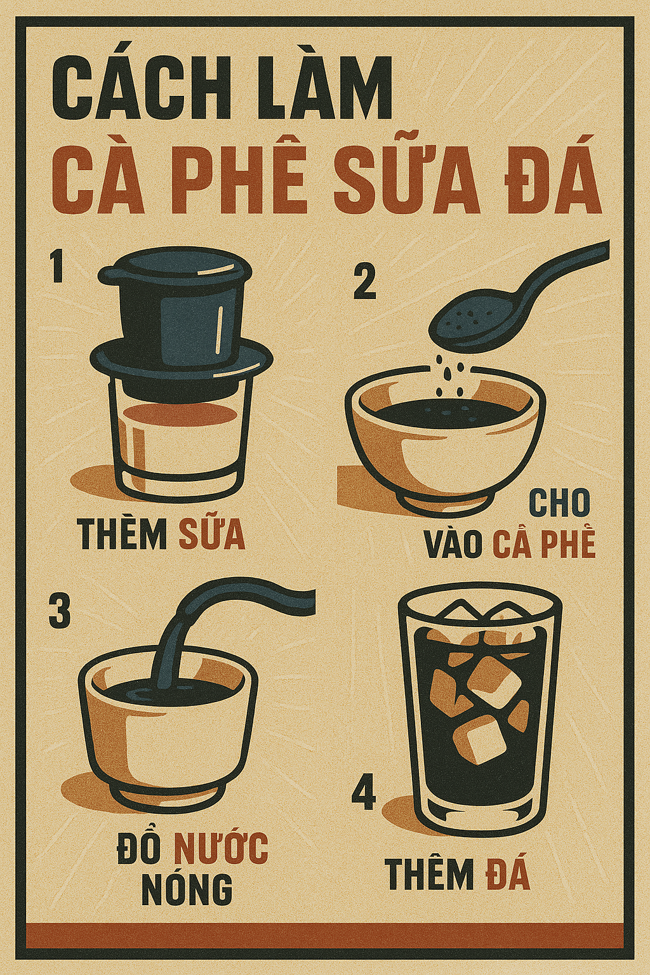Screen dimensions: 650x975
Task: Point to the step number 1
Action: coord(57,267)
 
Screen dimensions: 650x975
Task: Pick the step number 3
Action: coord(60,611)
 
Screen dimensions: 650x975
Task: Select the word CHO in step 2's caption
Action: coord(559,504)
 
